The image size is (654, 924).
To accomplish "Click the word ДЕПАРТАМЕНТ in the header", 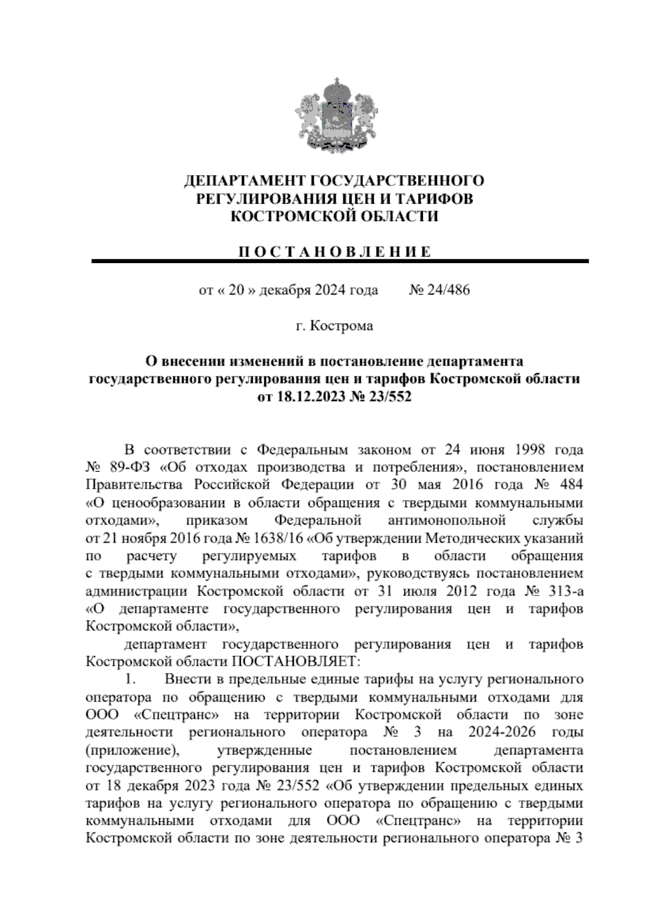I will (x=244, y=181).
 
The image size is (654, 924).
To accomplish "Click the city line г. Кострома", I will (x=334, y=326).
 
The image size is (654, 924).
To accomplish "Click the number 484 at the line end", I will (x=570, y=485).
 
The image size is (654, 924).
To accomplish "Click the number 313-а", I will (x=564, y=591).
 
